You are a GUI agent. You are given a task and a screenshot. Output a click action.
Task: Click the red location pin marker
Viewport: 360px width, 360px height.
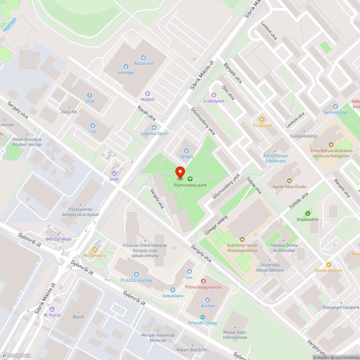point(180,173)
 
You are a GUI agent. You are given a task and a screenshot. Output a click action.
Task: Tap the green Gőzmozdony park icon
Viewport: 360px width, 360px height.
point(190,179)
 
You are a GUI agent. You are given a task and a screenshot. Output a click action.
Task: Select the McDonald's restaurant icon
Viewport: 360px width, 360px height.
point(95,249)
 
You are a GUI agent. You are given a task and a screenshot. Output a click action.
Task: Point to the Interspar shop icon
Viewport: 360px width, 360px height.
point(126,66)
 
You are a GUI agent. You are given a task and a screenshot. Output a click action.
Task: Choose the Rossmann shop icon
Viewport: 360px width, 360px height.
point(144,57)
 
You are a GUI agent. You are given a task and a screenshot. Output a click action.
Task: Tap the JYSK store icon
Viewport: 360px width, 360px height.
point(90,95)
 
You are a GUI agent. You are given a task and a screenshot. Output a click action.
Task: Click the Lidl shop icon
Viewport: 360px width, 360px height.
point(93,126)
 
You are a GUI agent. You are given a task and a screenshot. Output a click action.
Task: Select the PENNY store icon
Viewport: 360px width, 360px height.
point(186,151)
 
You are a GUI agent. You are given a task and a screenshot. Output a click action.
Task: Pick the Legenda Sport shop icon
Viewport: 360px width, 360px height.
point(154,127)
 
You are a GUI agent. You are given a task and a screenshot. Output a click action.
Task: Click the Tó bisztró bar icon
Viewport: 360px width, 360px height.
point(262,120)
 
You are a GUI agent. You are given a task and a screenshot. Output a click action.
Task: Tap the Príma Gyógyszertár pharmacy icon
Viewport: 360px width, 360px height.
point(203,281)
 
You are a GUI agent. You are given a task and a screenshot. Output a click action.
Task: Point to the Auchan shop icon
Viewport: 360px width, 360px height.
point(207,300)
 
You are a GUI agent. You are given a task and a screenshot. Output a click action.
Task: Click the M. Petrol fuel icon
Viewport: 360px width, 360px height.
point(52,309)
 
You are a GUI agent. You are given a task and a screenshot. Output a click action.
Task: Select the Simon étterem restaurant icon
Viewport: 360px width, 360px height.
point(328,264)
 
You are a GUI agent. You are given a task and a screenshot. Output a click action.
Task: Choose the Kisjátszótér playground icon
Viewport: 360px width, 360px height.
point(307,213)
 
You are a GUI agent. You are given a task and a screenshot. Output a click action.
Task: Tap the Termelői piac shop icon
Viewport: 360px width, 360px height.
point(336,106)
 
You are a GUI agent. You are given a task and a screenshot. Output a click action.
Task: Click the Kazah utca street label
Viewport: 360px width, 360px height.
point(147,113)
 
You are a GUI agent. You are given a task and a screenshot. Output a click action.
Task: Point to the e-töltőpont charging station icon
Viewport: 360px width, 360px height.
point(214,95)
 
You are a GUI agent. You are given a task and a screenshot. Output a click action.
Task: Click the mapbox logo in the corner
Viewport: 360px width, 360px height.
point(16,355)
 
